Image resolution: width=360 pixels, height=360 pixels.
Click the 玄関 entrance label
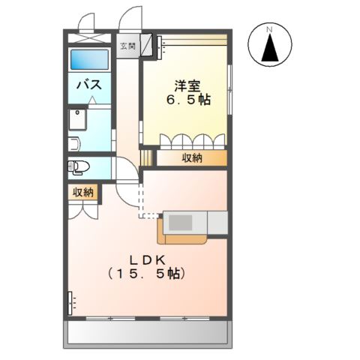[x=128, y=45]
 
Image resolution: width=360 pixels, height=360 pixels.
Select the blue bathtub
[x=90, y=61]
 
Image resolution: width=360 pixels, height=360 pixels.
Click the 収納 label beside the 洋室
[x=192, y=157]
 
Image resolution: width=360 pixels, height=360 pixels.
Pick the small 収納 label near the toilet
[x=83, y=192]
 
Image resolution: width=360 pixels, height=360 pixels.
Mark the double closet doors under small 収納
[x=83, y=208]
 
